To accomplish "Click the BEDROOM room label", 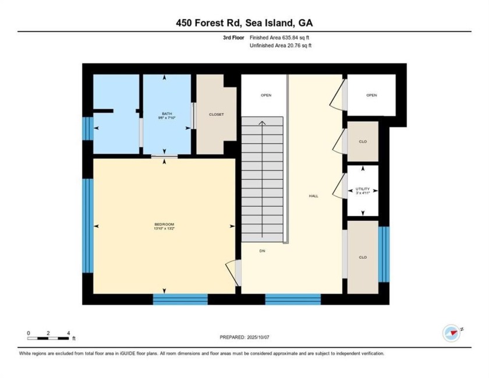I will tap(164, 224).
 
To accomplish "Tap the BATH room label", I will tap(166, 113).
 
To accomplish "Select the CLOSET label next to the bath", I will tap(216, 115).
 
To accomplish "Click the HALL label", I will tap(313, 196).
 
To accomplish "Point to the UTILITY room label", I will tap(363, 189).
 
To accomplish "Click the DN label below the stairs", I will tap(263, 249).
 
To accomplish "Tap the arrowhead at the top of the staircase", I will tap(263, 123).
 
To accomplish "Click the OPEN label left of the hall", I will tap(265, 95).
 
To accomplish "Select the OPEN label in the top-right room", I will tap(371, 95).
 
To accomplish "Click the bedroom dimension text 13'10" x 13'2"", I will tap(164, 229).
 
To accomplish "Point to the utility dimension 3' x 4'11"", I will tap(363, 193).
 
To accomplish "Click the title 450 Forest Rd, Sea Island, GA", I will tap(245, 23).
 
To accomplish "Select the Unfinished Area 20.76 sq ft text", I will tap(281, 45).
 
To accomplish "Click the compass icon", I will tap(451, 333).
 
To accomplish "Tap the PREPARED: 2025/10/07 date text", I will tap(245, 337).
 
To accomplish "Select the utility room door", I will tap(338, 188).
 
